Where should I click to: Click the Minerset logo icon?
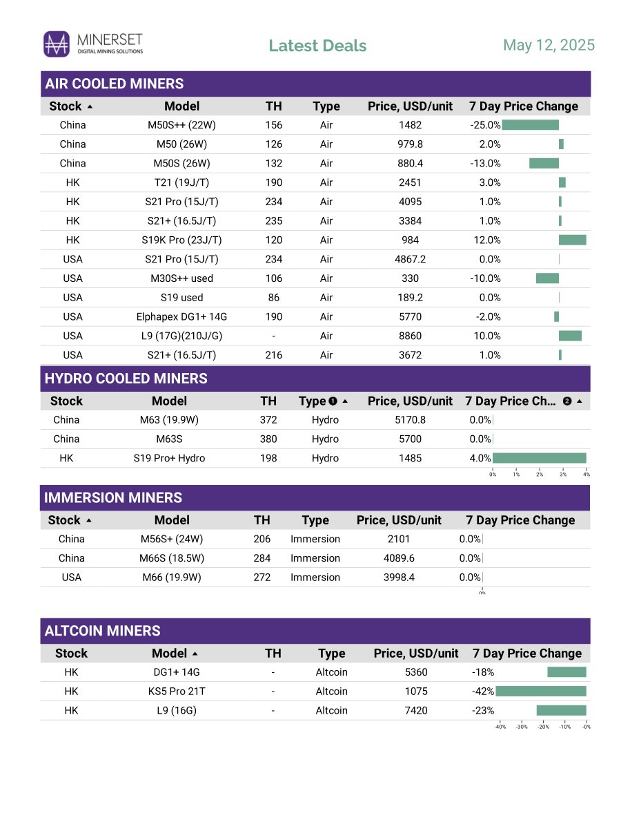click(x=57, y=44)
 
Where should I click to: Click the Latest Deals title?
click(x=317, y=46)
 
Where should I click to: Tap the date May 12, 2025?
click(x=549, y=45)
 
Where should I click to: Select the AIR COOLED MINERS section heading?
click(x=114, y=84)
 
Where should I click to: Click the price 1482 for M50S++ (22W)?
click(x=410, y=125)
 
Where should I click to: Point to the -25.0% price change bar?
click(x=530, y=125)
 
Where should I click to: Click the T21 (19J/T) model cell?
click(x=181, y=182)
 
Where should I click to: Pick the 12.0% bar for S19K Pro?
click(x=572, y=240)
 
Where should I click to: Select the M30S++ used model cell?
click(x=181, y=278)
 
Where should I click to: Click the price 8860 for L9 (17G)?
click(x=410, y=336)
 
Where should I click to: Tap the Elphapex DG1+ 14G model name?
click(x=181, y=316)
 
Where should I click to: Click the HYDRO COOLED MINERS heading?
click(x=126, y=379)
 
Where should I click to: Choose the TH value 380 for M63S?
click(x=268, y=439)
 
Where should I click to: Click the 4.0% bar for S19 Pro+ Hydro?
click(x=539, y=458)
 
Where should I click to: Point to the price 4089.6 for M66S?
click(x=399, y=558)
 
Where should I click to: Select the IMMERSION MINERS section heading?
click(x=113, y=497)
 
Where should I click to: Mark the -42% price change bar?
click(x=540, y=691)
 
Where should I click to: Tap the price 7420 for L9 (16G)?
click(x=416, y=710)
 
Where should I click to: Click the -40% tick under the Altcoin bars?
click(x=500, y=727)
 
